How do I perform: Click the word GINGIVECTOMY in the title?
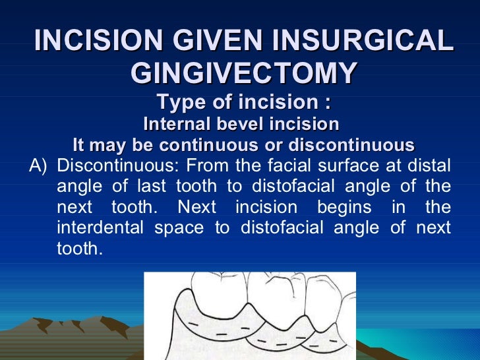244,72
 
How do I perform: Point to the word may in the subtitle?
109,144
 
